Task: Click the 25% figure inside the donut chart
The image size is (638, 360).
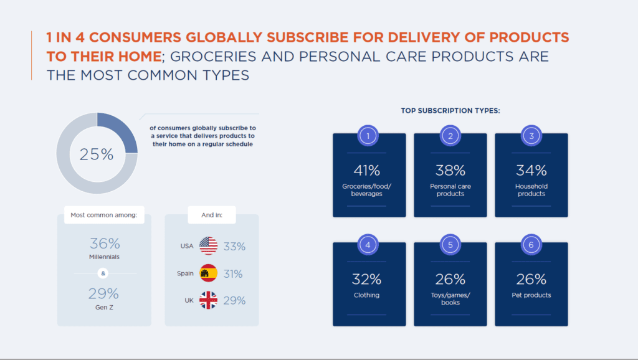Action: point(97,154)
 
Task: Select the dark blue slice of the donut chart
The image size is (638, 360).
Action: point(121,131)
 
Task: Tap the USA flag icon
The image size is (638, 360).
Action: point(208,245)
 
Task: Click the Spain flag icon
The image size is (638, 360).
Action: point(208,273)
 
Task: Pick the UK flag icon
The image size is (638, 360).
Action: point(208,300)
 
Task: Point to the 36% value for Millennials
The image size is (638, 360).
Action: point(105,244)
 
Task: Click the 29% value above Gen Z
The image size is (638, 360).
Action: point(104,293)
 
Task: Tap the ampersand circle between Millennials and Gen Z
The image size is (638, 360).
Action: point(103,273)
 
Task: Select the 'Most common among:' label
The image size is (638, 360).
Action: point(104,215)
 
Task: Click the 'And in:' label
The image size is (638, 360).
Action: point(212,215)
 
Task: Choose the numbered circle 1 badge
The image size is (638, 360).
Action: point(368,136)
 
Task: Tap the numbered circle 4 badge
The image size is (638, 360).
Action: point(368,245)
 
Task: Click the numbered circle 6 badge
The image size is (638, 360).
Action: point(531,245)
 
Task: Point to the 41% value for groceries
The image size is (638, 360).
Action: point(366,171)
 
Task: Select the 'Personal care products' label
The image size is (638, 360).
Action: point(450,190)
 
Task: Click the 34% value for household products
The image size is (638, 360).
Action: point(531,171)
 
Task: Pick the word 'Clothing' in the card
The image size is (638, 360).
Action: point(366,295)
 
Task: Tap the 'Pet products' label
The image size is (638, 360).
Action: point(531,295)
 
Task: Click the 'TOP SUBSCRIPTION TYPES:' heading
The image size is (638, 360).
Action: point(450,111)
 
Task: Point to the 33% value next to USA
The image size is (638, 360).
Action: point(234,247)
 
